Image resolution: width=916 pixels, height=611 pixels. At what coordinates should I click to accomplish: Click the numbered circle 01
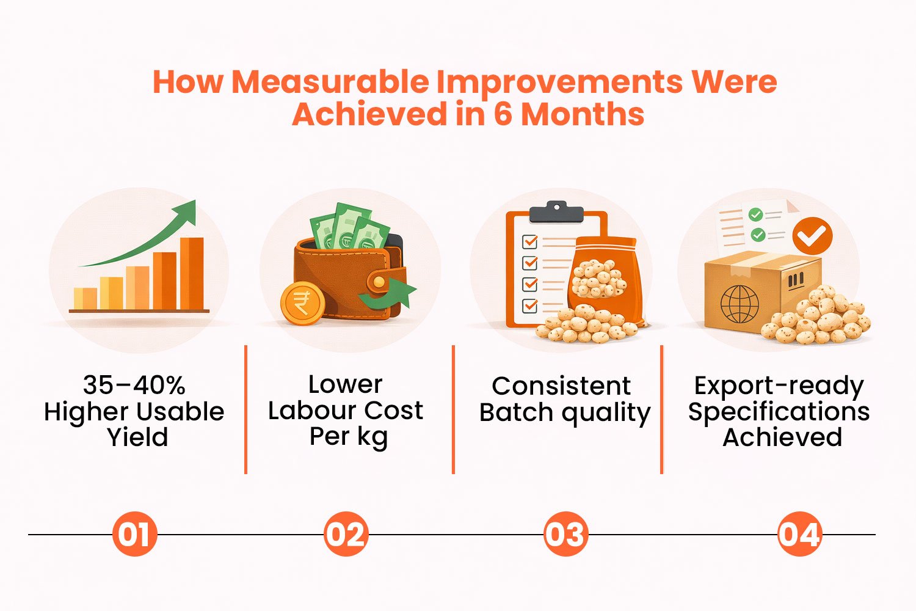coord(135,534)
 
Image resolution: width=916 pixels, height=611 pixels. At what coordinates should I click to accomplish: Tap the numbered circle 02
coord(346,534)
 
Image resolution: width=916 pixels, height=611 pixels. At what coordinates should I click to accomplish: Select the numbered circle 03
coord(565,534)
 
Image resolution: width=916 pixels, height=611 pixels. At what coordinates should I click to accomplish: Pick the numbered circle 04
coord(799,534)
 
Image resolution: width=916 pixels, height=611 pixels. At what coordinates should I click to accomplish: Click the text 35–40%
coord(134,385)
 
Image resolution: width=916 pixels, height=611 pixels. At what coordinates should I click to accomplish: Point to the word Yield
coord(137,437)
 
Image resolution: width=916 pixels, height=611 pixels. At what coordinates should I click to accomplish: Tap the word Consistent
coord(561,386)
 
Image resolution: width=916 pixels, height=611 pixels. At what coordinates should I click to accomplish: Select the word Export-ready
coord(779,386)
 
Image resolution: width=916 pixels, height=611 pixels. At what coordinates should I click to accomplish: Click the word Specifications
coord(779,412)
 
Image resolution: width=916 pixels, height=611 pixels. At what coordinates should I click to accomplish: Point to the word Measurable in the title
coord(330,82)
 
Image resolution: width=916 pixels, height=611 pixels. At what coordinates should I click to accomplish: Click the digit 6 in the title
coord(503,114)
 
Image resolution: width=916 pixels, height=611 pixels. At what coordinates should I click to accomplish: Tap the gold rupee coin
coord(302,303)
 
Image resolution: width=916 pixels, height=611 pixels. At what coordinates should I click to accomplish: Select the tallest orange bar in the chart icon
coord(192,273)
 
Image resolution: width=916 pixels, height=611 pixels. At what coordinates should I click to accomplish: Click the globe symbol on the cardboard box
coord(740,303)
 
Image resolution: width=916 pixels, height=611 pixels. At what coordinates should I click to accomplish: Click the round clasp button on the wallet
coord(379,281)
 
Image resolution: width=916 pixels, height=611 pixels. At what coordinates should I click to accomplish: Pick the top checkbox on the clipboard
coord(529,242)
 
